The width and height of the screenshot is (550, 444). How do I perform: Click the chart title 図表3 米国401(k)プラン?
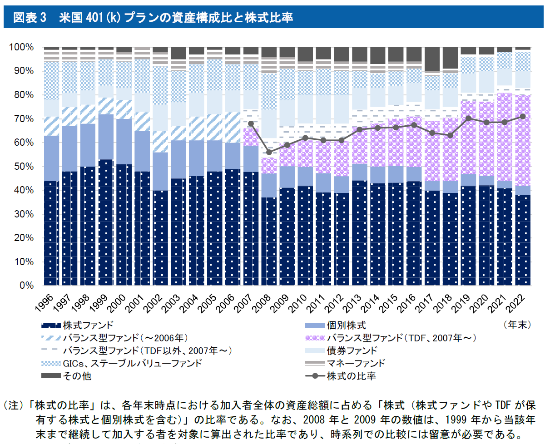[x=153, y=18]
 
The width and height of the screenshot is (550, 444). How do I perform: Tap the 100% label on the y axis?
[x=21, y=47]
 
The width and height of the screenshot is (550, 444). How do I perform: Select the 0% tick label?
[x=25, y=286]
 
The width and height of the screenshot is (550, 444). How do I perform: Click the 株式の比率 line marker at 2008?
[x=269, y=152]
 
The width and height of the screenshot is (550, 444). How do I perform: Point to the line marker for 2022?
[x=523, y=116]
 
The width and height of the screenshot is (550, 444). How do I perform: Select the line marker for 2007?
[x=251, y=123]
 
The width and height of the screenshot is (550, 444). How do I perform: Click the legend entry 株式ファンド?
[x=88, y=326]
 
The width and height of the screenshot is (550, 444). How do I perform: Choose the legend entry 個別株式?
[x=346, y=326]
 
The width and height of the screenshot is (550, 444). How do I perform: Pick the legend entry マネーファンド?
[x=356, y=363]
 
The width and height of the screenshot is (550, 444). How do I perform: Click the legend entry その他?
[x=73, y=376]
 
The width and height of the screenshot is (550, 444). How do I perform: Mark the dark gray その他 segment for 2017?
[x=432, y=59]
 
